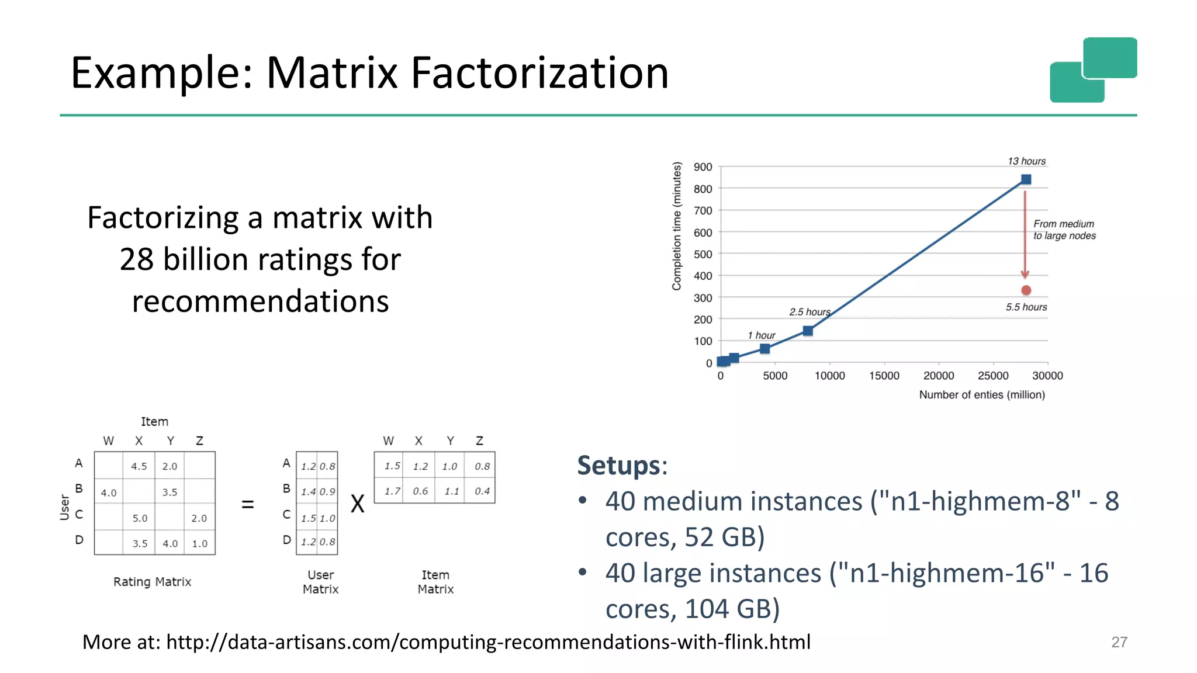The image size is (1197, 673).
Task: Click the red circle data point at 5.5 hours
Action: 1026,290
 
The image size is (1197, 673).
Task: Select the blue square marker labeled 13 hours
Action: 1026,179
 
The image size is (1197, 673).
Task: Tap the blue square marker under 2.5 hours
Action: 808,331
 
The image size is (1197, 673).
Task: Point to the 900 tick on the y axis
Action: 703,167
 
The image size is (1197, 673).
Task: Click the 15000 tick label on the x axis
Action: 884,376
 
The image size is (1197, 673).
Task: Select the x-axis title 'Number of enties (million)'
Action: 982,395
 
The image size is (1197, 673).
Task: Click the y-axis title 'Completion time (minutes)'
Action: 677,226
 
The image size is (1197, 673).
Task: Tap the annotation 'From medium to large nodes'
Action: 1064,230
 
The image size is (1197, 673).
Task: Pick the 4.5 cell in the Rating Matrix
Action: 139,466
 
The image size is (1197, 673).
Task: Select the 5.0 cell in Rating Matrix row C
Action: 140,518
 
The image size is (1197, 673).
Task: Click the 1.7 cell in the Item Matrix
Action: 392,491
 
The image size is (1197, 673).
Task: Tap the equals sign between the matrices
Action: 248,504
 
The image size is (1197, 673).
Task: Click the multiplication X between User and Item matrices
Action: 357,504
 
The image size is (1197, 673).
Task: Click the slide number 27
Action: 1119,642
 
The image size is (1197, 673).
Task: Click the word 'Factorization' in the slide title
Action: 539,73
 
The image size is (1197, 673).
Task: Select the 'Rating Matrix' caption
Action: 152,582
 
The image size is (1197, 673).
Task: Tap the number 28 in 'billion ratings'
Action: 136,259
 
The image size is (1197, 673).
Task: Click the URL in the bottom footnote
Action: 488,642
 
